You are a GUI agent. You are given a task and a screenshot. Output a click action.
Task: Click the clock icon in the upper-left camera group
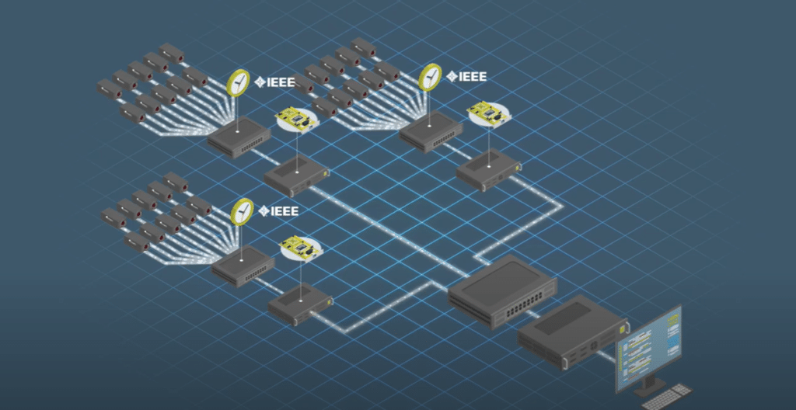pyautogui.click(x=239, y=82)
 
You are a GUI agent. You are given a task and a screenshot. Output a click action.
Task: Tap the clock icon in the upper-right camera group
pyautogui.click(x=430, y=77)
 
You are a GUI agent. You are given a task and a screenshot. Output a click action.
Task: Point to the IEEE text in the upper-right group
pyautogui.click(x=472, y=76)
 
